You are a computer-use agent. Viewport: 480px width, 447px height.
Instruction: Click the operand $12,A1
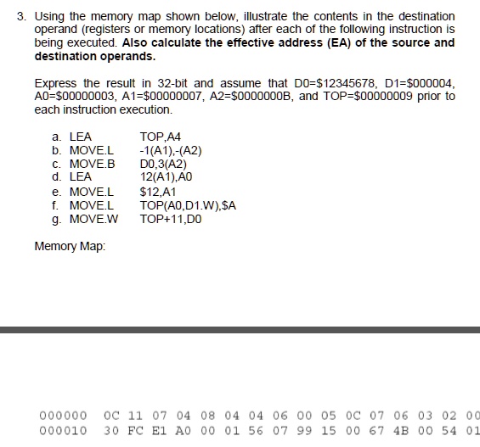point(157,193)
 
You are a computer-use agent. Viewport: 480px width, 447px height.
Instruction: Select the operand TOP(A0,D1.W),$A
point(188,206)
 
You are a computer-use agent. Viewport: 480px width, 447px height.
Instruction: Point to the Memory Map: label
point(71,247)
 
